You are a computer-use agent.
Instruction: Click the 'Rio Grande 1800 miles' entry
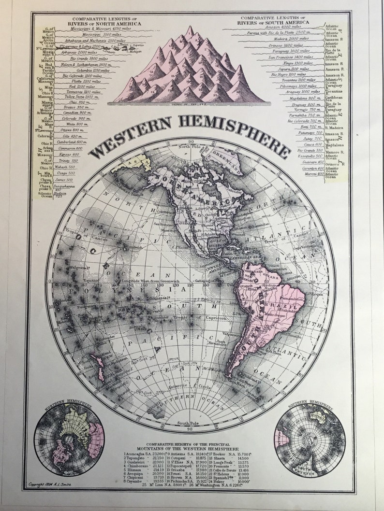85,58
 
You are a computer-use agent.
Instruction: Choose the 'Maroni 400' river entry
314,174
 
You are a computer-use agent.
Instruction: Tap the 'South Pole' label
186,424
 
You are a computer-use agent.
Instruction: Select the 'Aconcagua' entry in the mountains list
140,454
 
